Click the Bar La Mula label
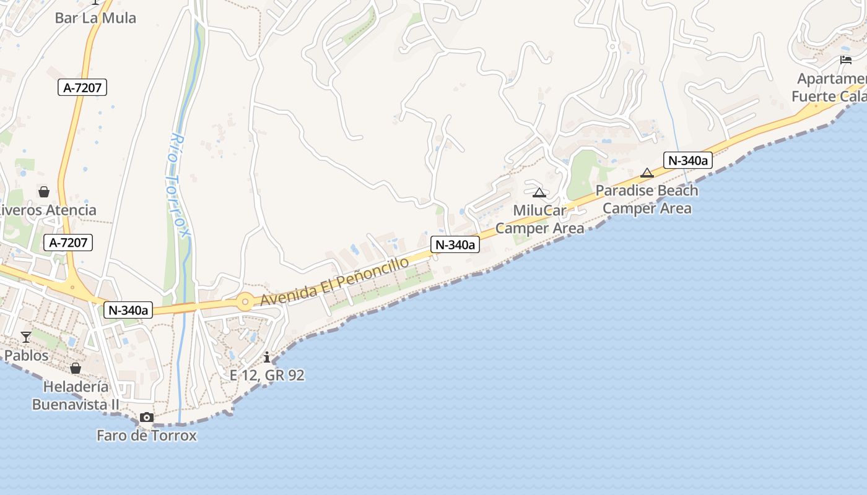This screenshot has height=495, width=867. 95,18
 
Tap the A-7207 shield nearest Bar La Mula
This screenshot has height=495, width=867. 83,88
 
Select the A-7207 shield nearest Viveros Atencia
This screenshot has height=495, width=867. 69,243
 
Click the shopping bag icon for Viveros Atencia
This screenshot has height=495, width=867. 44,192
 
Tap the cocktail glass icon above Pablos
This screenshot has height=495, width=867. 26,337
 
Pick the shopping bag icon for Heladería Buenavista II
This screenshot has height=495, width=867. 76,368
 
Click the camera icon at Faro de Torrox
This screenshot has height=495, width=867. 147,417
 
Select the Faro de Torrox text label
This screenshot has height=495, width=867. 147,436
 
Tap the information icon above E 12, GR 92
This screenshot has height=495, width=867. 267,357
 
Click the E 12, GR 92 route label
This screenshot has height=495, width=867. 267,376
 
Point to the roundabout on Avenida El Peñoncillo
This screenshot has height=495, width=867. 245,302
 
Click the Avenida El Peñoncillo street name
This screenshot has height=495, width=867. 334,282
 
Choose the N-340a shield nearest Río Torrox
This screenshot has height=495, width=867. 128,310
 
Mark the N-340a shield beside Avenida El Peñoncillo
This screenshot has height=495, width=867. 456,245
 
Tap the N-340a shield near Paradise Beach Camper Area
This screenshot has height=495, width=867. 688,160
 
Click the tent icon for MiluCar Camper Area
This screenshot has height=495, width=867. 539,192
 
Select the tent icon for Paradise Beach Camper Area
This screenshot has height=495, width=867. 647,173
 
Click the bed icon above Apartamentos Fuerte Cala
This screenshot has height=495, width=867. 846,60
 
